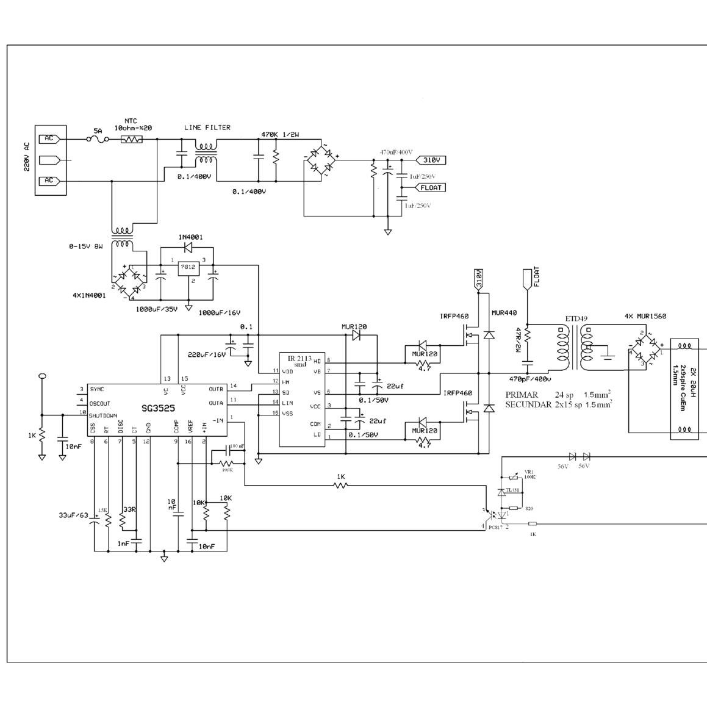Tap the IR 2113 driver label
(x=300, y=360)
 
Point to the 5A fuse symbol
(x=98, y=140)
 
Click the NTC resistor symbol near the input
(x=131, y=140)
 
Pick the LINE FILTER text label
(x=207, y=127)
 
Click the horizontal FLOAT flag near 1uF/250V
(x=431, y=188)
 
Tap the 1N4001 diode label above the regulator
(x=191, y=237)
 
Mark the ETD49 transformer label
(x=573, y=319)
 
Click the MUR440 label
(x=504, y=314)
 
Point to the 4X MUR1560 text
(x=645, y=317)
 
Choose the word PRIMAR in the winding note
(x=522, y=395)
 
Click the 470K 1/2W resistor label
(x=281, y=135)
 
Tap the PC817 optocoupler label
(x=495, y=528)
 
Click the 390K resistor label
(x=228, y=470)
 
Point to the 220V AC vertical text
(x=26, y=157)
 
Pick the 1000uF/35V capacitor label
(x=157, y=309)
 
